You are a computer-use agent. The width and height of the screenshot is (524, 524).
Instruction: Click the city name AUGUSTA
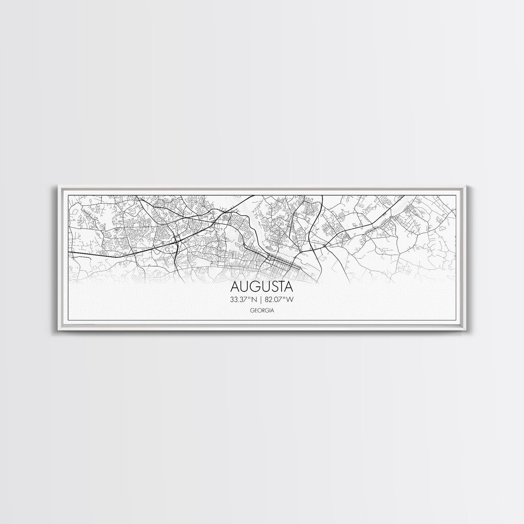[261, 287]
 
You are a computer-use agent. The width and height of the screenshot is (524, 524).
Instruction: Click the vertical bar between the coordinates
[261, 299]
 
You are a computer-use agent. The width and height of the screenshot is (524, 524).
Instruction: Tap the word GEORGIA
[262, 310]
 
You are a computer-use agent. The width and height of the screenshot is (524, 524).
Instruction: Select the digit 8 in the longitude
[268, 299]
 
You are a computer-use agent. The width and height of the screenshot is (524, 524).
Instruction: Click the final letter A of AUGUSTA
[288, 287]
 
